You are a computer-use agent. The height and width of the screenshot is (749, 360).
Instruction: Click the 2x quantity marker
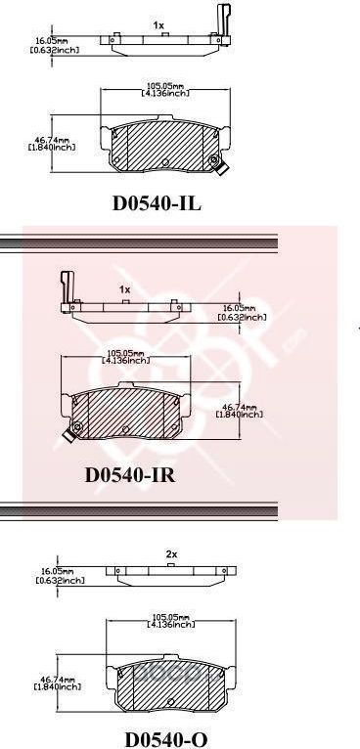pyautogui.click(x=171, y=554)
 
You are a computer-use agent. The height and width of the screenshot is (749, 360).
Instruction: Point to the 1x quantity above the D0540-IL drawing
pyautogui.click(x=157, y=23)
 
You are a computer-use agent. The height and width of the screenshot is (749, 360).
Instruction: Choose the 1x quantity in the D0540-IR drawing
pyautogui.click(x=124, y=289)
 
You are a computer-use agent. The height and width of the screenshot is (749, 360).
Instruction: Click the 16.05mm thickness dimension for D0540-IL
pyautogui.click(x=50, y=44)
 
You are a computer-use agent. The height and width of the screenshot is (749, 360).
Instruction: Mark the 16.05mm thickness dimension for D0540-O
pyautogui.click(x=60, y=575)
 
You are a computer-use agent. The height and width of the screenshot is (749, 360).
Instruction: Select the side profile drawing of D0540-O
pyautogui.click(x=172, y=572)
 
